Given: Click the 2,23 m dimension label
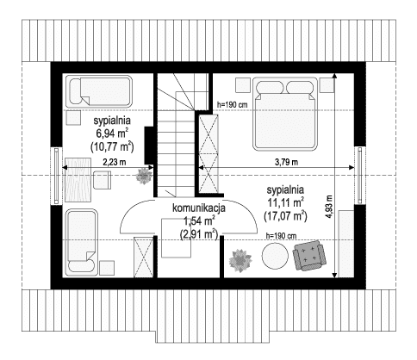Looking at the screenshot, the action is [x=115, y=162].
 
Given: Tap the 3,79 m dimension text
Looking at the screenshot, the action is [x=287, y=162].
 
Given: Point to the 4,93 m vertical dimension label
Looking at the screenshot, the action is [x=329, y=207].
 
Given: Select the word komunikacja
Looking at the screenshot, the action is [x=199, y=208].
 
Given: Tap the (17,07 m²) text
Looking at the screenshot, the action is [x=286, y=216].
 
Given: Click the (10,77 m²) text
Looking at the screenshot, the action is [x=112, y=146].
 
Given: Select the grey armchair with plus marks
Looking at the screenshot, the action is [x=309, y=255].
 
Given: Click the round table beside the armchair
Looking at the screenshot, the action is [x=275, y=256].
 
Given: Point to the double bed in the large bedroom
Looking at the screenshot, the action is [x=285, y=114].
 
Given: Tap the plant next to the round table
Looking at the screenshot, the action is [x=240, y=261].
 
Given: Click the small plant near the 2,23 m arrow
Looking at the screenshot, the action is [x=144, y=176].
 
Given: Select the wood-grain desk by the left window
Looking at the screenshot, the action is [x=78, y=180].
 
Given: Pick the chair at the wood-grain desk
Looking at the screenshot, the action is [x=102, y=180].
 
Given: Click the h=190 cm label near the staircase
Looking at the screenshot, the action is [x=233, y=105].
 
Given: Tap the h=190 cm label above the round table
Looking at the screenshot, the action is [x=281, y=236].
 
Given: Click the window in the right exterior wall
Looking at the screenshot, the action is [x=360, y=176].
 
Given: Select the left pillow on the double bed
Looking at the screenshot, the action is [x=270, y=87].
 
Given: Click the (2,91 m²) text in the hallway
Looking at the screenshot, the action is [x=199, y=234].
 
